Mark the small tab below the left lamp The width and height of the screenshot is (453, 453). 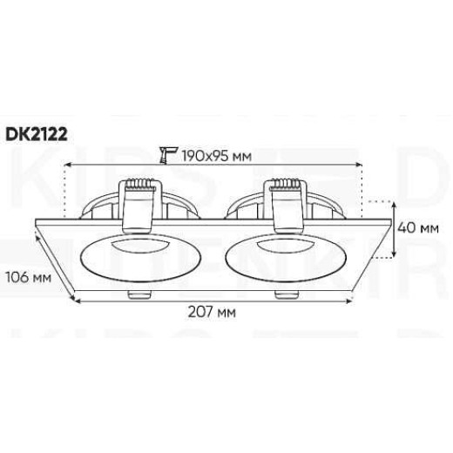pos(136,296)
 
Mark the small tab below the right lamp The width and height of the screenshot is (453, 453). pos(281,296)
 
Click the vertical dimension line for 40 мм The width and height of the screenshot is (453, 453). pos(394,228)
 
